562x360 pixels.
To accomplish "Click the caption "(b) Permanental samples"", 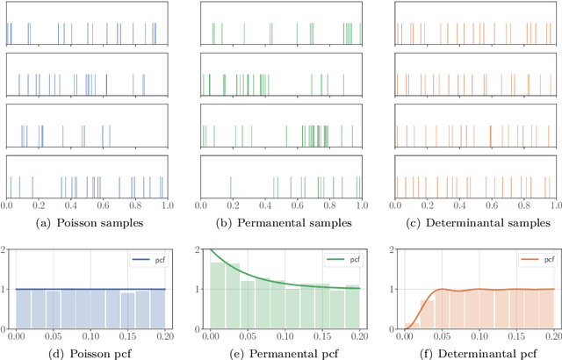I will pyautogui.click(x=282, y=224).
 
